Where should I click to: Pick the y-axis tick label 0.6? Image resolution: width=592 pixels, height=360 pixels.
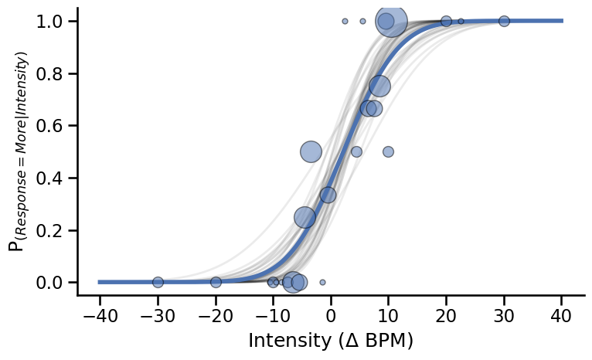coord(50,126)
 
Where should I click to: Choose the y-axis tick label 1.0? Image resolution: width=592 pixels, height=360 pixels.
coord(50,22)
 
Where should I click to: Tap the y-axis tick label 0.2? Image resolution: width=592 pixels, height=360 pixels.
coord(50,230)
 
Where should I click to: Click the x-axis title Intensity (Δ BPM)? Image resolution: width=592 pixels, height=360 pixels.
coord(331,341)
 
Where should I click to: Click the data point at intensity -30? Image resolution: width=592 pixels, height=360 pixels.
coord(158,282)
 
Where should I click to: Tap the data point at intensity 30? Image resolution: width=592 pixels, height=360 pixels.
coord(504,21)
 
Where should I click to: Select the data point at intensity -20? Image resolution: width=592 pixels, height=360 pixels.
coord(216,282)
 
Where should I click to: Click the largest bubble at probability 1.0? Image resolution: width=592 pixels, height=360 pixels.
coord(392,22)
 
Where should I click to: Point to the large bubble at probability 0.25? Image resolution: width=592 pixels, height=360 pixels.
coord(305,218)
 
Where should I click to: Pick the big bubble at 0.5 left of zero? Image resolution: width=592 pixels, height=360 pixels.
coord(311,151)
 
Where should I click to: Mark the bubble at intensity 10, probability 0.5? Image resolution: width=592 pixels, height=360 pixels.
coord(388,151)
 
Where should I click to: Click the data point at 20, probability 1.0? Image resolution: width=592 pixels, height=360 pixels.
coord(446,21)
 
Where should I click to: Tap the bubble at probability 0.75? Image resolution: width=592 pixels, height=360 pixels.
coord(379,86)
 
